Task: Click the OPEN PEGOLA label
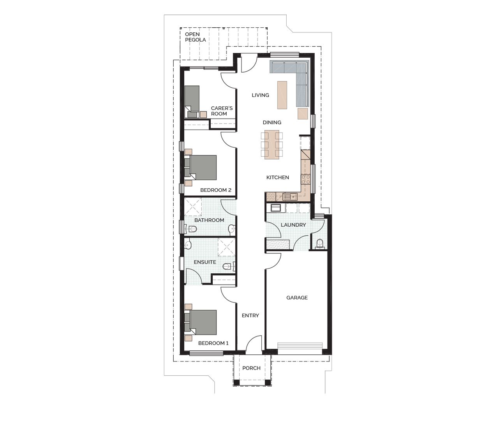tap(195, 37)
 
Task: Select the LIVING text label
tap(260, 95)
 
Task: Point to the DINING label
tap(272, 122)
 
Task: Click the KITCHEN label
tap(277, 177)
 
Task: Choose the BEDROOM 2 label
tap(216, 190)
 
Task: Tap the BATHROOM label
tap(209, 220)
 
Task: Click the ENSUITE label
tap(205, 262)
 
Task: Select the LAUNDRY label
tap(293, 225)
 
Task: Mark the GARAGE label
tap(297, 298)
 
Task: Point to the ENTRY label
tap(250, 316)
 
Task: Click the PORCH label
tap(251, 368)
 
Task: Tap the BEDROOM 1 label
tap(213, 343)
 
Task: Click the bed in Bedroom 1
tap(203, 322)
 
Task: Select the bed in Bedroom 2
tap(203, 168)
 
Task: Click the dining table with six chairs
tap(272, 145)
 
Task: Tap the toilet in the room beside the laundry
tap(320, 244)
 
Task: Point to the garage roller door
tap(300, 348)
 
